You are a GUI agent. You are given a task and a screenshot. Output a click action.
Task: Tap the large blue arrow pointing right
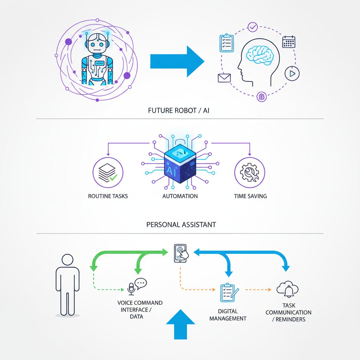pos(177,61)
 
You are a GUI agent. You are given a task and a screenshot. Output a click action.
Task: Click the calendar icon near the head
pos(289,42)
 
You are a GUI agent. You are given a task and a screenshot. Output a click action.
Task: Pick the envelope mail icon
pos(224,78)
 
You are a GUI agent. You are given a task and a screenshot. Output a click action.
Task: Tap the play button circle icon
pos(292,74)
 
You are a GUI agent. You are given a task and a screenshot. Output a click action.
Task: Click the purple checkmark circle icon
pos(252,27)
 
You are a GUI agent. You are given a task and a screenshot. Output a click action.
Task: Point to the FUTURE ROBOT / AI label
pos(179,111)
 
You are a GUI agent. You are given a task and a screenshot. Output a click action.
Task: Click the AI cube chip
pos(180,163)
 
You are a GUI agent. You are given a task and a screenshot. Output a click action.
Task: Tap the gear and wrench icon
pos(250,172)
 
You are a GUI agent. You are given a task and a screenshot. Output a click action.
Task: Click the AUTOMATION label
pos(180,196)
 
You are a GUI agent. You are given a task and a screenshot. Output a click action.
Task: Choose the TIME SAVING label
pos(250,196)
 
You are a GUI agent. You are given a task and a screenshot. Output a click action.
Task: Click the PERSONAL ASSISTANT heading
pos(181,225)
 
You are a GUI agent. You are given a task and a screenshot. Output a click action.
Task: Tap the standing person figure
pos(67,285)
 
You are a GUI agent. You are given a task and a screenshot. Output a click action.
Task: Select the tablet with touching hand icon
pos(181,253)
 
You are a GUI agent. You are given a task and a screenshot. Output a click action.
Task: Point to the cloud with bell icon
pos(288,289)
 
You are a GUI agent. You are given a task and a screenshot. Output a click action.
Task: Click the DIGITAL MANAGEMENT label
pos(228,315)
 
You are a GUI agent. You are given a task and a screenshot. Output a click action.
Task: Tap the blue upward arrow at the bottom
pos(180,324)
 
